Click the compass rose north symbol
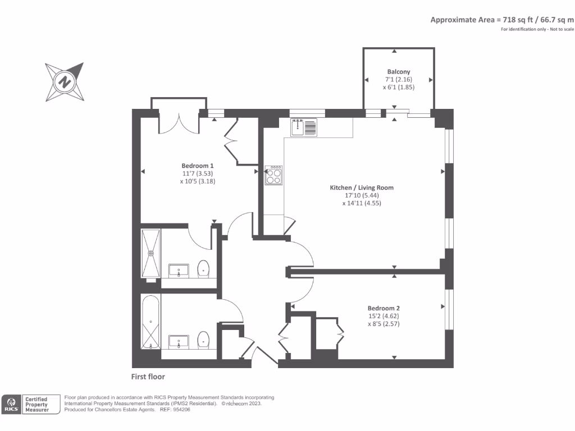[x=66, y=81]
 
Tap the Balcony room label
[x=398, y=72]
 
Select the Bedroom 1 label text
[x=197, y=166]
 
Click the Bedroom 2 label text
[x=384, y=308]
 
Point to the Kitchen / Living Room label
[x=361, y=187]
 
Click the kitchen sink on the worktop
[x=303, y=127]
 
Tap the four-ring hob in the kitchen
[x=274, y=176]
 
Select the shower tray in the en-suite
[x=150, y=253]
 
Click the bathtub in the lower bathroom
[x=150, y=323]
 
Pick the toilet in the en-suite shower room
[x=203, y=269]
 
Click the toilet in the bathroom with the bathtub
[x=203, y=340]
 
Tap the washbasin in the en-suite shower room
[x=179, y=271]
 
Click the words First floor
[x=148, y=377]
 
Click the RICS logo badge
[x=11, y=404]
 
